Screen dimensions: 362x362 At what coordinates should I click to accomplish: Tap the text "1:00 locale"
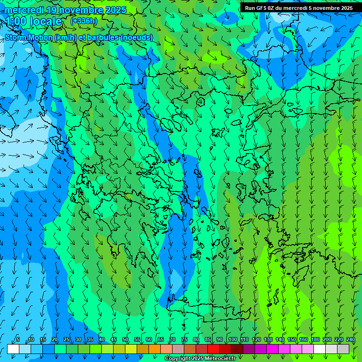(33, 21)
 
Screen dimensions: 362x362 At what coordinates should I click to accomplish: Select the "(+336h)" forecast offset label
(83, 21)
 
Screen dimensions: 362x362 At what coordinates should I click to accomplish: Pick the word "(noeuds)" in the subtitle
(137, 37)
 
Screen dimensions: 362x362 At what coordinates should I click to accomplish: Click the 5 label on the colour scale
(18, 339)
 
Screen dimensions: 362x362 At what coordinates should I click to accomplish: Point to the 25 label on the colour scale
(66, 339)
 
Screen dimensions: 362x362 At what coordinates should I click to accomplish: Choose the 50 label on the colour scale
(125, 339)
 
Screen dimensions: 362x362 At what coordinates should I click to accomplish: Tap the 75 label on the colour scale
(184, 339)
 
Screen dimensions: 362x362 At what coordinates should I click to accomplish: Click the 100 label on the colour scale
(232, 339)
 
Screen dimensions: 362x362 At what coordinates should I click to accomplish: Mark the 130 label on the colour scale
(268, 339)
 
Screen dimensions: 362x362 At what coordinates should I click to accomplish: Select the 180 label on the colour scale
(315, 339)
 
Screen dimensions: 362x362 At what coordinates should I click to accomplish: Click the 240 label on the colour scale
(350, 339)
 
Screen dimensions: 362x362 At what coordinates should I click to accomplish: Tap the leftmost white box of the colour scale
(13, 349)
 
